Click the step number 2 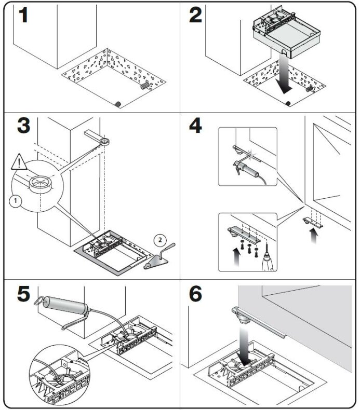click(195, 16)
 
